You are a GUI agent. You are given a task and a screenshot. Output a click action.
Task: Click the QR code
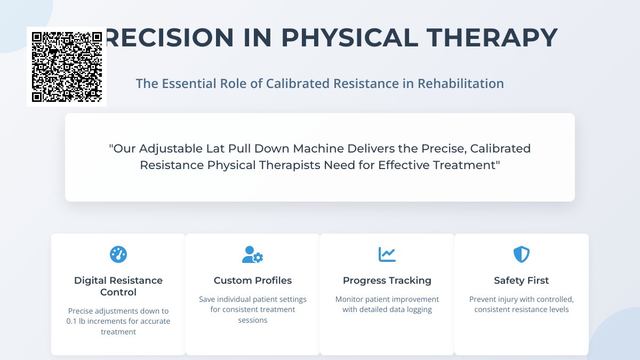67,67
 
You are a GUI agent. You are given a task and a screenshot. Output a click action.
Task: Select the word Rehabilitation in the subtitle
461,84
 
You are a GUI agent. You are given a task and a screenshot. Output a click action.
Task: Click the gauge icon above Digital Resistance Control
118,254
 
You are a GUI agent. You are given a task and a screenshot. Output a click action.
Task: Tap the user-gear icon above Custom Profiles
253,254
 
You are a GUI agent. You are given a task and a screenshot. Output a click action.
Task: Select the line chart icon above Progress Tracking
387,254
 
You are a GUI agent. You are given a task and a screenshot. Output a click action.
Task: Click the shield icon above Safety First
522,254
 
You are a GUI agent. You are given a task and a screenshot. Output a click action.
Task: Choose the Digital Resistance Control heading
118,286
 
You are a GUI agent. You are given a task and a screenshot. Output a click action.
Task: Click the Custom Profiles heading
253,281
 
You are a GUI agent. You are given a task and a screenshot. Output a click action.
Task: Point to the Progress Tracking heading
387,281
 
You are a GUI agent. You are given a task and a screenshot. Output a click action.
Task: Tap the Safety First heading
522,281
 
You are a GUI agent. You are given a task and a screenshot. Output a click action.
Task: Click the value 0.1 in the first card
73,322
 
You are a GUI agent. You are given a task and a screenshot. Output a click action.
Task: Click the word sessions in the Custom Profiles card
253,320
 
